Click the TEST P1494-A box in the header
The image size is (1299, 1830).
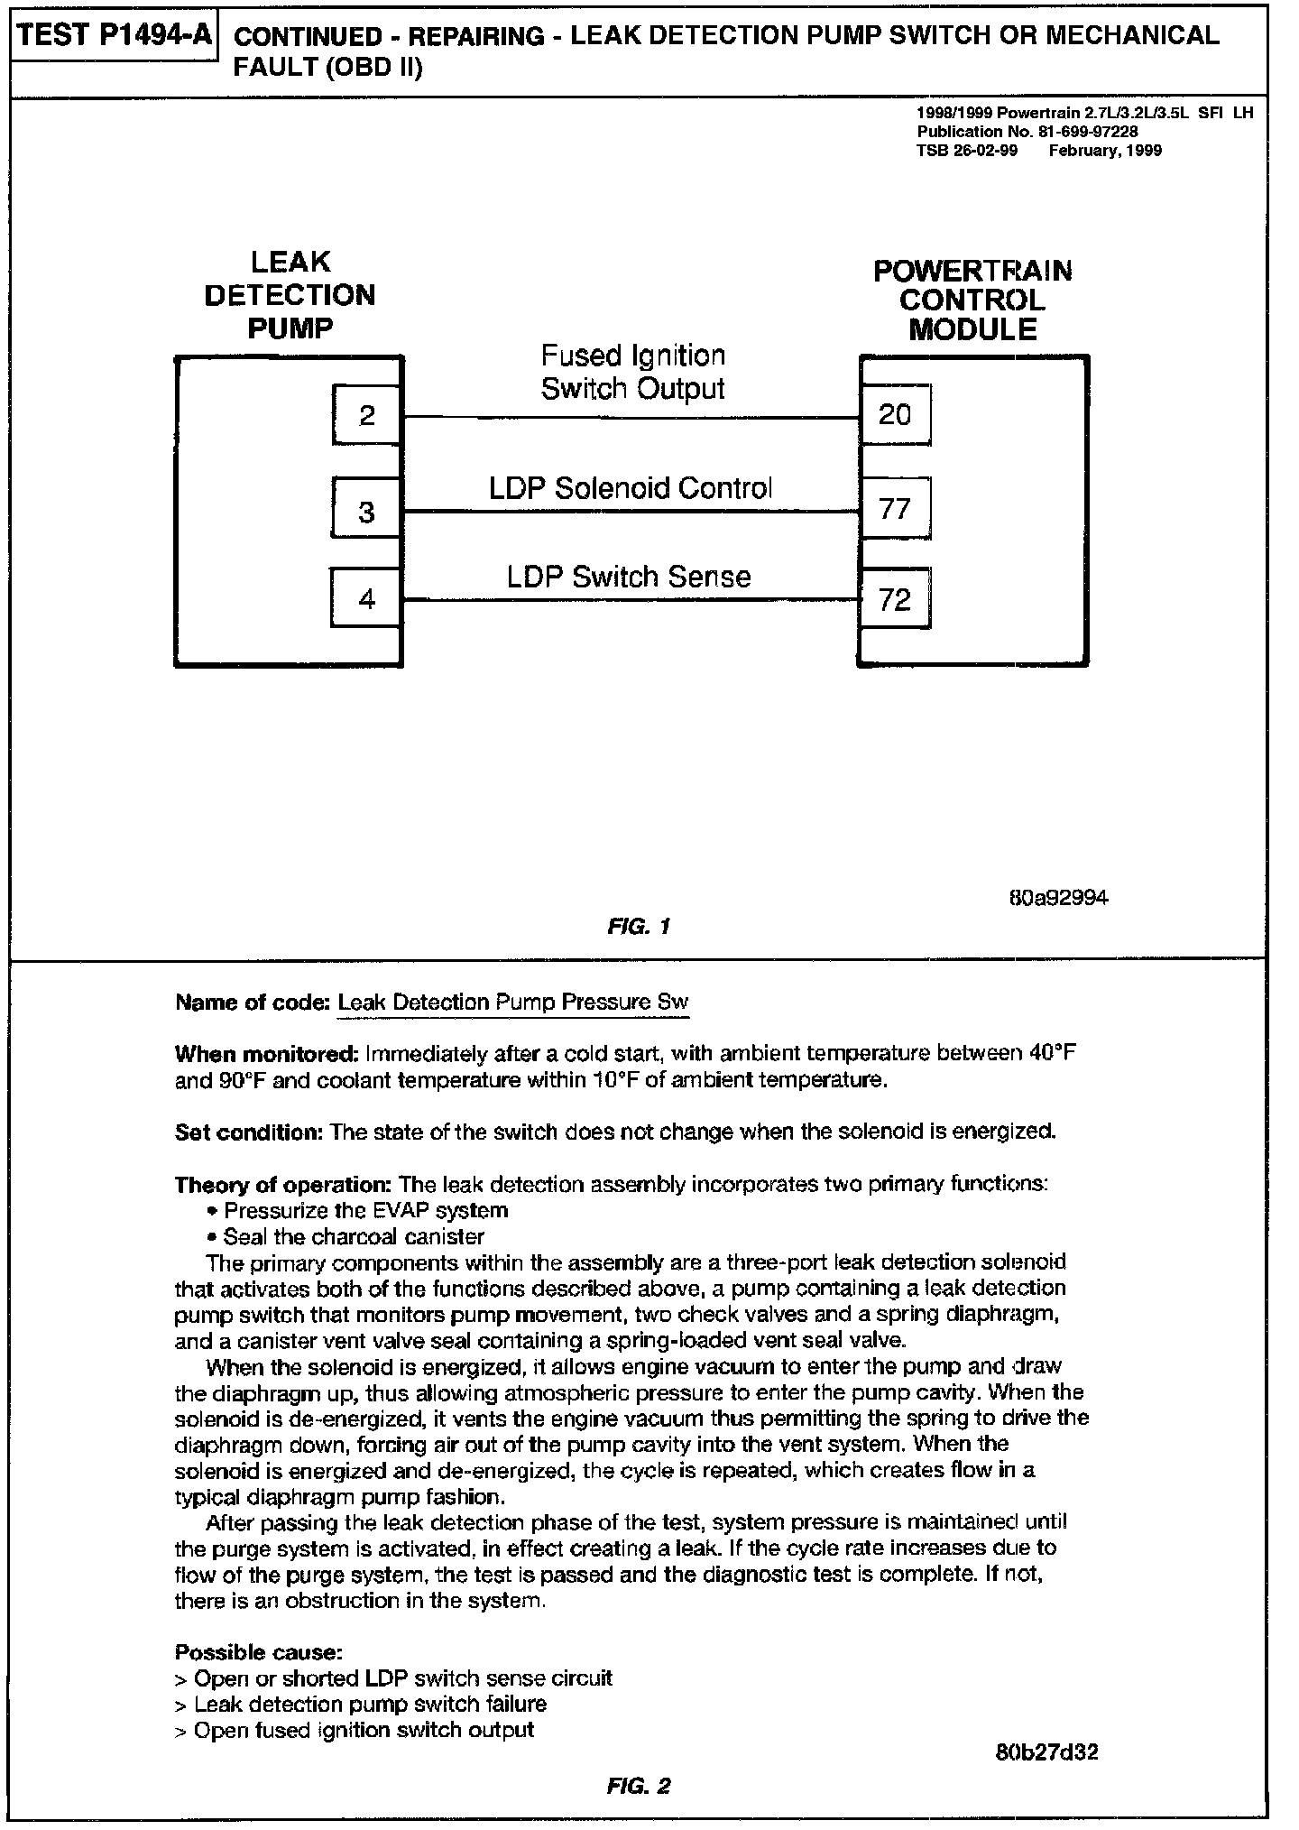(x=115, y=35)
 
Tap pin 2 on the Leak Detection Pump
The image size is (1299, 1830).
(x=366, y=416)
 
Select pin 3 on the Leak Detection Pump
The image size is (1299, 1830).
(x=366, y=512)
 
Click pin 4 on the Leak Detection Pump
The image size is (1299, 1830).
(x=366, y=599)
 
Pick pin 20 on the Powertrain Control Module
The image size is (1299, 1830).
(x=895, y=415)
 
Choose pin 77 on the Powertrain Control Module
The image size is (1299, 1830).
(x=895, y=510)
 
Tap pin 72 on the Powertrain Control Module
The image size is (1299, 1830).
(x=895, y=599)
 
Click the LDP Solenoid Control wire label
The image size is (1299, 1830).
(x=631, y=488)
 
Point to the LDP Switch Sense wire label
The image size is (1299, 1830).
(x=629, y=577)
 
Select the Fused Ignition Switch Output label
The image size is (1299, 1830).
(x=632, y=372)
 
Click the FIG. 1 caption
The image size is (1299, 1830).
(x=638, y=926)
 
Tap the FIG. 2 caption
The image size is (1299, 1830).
(x=638, y=1785)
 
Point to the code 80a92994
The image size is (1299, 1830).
(x=1057, y=898)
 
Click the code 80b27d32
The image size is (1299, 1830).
(x=1047, y=1752)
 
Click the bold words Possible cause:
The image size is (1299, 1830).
(x=258, y=1652)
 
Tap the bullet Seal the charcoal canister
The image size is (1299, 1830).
(x=353, y=1236)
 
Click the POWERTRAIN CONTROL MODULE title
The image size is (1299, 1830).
(x=972, y=300)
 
